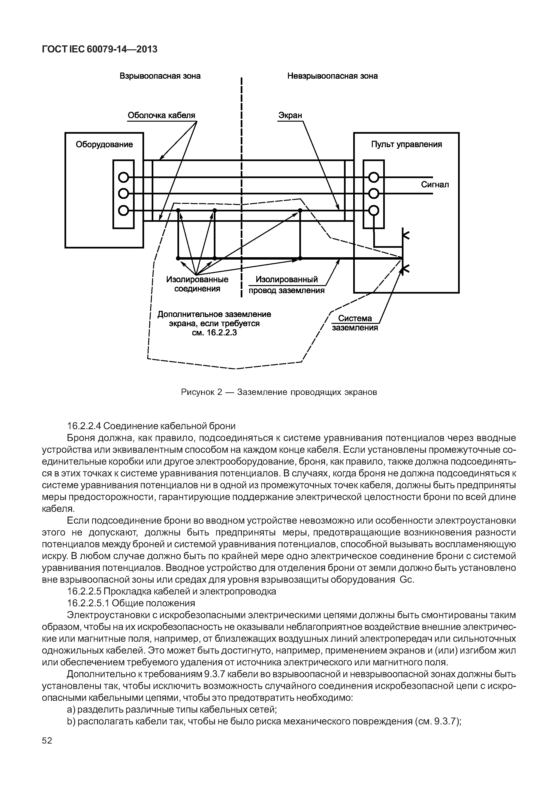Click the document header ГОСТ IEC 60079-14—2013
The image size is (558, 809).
pos(100,49)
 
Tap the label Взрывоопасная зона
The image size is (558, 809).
pos(160,76)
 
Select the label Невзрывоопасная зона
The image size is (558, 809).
pos(332,76)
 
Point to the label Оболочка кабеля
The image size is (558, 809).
pos(161,115)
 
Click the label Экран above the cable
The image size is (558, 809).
pos(290,115)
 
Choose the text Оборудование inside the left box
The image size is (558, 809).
pos(104,144)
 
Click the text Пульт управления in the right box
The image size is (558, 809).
pos(406,144)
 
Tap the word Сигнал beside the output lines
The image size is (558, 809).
pos(435,185)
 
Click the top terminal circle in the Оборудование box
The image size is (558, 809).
pos(123,178)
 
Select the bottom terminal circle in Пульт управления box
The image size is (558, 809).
pos(374,210)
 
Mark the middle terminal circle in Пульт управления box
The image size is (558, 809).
pos(374,193)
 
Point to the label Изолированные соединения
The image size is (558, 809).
pos(197,284)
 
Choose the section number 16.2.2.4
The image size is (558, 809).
pos(84,426)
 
